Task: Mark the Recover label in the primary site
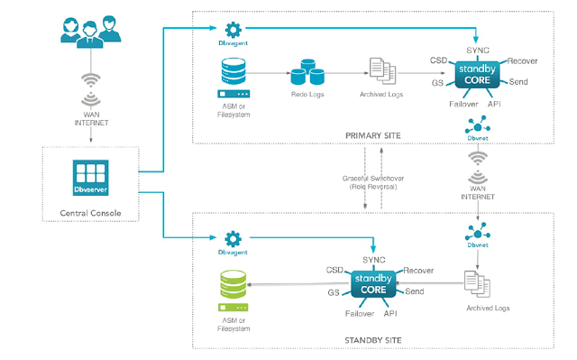click(x=523, y=60)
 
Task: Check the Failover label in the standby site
click(x=359, y=313)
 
